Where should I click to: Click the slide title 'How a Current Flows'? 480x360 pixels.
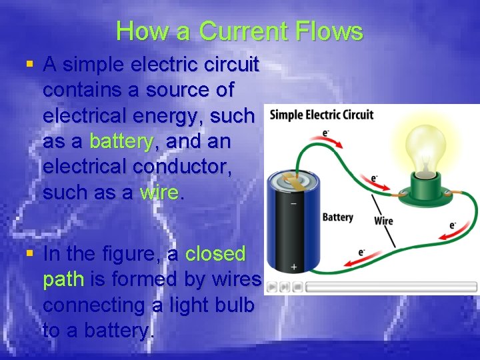click(x=239, y=31)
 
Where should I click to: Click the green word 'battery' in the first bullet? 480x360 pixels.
click(x=121, y=141)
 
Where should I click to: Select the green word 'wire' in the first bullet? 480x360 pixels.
click(x=159, y=193)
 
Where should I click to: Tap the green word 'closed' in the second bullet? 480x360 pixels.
click(x=215, y=254)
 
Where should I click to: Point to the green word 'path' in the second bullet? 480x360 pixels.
click(x=63, y=279)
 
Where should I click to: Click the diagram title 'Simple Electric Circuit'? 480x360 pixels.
click(x=321, y=115)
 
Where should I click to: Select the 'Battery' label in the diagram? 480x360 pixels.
click(x=337, y=217)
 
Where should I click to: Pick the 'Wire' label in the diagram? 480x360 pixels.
click(x=383, y=221)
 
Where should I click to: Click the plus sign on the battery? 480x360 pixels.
click(x=294, y=267)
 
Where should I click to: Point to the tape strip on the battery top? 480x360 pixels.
click(x=293, y=180)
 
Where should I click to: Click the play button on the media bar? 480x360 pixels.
click(x=273, y=287)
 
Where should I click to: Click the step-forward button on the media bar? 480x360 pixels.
click(x=285, y=287)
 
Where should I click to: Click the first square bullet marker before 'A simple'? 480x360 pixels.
click(x=29, y=65)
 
